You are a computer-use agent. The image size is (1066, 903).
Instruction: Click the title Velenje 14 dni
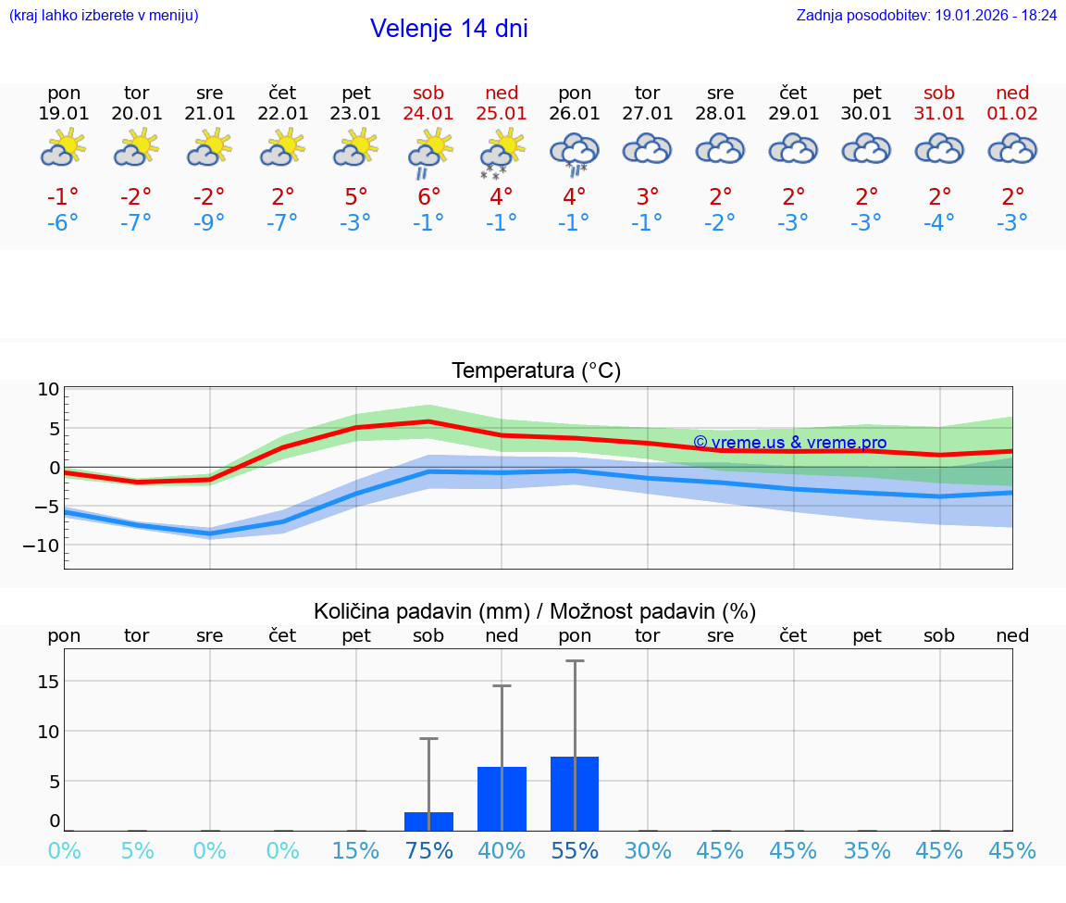[449, 29]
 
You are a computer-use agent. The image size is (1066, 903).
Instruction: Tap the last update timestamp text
[926, 15]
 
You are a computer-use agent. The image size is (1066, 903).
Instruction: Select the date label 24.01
[428, 114]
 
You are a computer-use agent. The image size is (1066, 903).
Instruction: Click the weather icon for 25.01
[502, 153]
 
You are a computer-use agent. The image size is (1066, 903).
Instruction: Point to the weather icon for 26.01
[575, 153]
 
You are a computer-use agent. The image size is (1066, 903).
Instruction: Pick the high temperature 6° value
[428, 196]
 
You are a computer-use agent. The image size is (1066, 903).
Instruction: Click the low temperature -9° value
[209, 222]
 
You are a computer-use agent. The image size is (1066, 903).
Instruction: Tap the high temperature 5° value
[356, 196]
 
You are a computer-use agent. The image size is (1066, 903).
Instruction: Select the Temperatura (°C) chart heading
[536, 371]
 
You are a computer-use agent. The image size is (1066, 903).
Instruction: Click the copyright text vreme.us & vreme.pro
[789, 443]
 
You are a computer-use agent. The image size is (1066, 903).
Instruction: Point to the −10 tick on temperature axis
[43, 546]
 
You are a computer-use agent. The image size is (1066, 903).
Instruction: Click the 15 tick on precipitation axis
[48, 682]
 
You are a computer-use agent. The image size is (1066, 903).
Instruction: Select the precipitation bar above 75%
[428, 821]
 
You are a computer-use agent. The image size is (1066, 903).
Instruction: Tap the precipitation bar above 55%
[575, 794]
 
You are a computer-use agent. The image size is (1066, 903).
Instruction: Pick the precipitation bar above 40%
[502, 798]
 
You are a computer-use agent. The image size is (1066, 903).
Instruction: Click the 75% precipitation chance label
[428, 851]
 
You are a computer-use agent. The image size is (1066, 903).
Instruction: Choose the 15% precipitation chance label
[356, 851]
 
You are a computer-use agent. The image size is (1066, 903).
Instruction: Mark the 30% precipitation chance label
[647, 851]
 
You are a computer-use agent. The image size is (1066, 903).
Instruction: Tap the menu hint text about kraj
[104, 15]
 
